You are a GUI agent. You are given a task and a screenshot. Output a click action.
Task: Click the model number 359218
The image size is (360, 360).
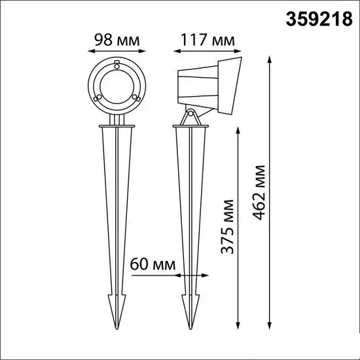point(319,19)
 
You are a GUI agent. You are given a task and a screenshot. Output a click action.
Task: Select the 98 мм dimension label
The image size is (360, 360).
point(117,40)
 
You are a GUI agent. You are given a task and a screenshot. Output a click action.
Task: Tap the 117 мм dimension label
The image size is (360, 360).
point(207,40)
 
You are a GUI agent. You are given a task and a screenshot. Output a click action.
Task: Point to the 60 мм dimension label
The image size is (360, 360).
point(153,264)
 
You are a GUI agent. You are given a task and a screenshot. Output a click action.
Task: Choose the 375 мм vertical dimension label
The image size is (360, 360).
point(227,226)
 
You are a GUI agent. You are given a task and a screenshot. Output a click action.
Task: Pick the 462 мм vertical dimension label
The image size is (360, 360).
point(259,192)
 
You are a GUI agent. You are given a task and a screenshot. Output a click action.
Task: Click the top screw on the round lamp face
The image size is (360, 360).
point(117,65)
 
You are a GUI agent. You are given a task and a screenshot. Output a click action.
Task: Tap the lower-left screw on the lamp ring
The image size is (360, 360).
point(98,98)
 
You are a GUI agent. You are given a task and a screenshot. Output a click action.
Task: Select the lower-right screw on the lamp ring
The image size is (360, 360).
point(136,98)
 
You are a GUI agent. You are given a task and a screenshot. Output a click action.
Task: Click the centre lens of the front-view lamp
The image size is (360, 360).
point(117,86)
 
